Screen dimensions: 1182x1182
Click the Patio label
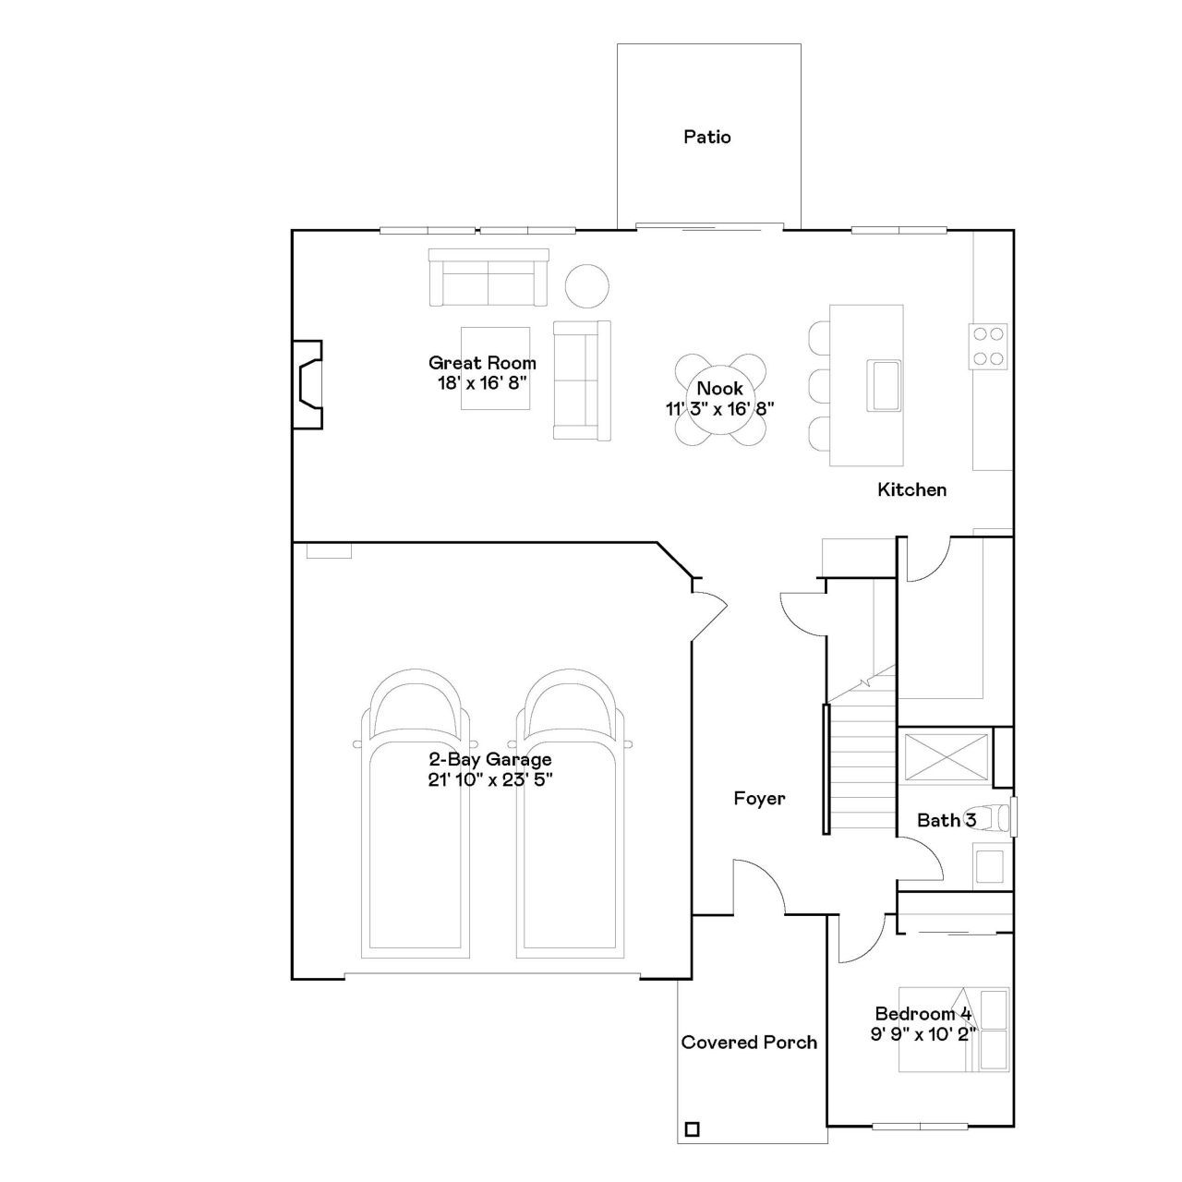coord(706,137)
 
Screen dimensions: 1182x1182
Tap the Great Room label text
coord(482,363)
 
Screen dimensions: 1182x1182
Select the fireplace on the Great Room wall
coord(308,384)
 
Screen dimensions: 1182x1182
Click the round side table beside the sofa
coord(586,286)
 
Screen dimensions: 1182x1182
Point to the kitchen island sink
coord(883,385)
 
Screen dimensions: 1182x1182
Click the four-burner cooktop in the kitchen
coord(987,346)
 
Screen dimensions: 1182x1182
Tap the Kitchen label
coord(911,489)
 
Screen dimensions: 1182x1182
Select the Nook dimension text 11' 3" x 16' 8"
coord(720,408)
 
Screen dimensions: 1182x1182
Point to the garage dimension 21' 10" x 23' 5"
coord(490,779)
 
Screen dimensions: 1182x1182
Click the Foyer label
coord(759,798)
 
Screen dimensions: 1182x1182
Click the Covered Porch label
coord(749,1043)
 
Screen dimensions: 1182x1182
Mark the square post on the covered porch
coord(692,1128)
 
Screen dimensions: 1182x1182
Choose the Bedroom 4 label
coord(923,1013)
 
